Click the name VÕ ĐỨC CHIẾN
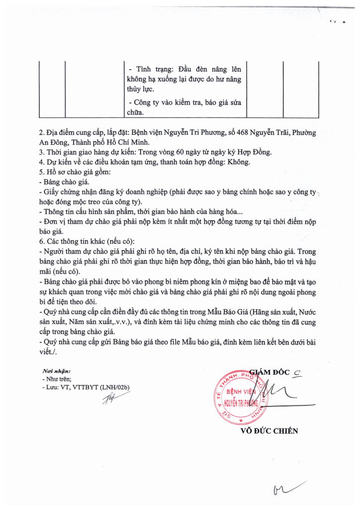point(269,431)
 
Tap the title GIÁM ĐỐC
point(269,371)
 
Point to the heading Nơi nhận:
point(57,371)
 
